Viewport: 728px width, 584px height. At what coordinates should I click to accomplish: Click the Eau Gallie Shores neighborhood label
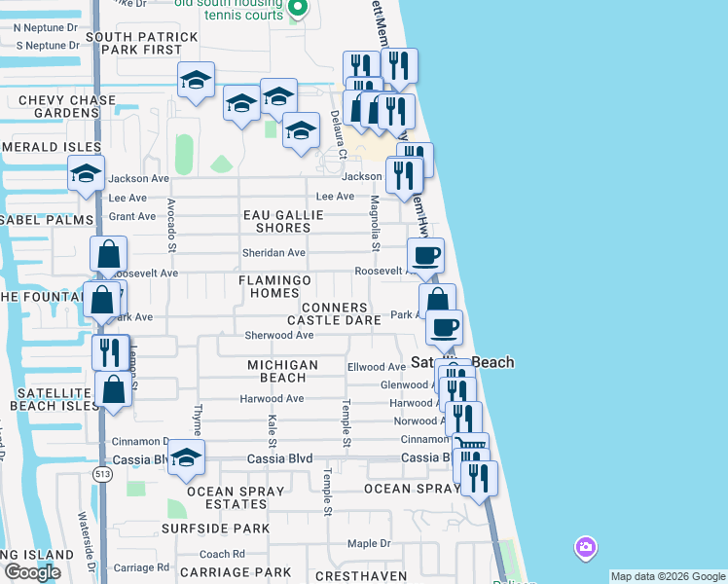coord(282,221)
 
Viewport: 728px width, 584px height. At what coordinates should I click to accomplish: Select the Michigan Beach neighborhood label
coord(282,371)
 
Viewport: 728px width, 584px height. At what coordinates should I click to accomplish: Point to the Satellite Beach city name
coord(461,362)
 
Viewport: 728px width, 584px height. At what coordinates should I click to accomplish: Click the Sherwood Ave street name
coord(278,335)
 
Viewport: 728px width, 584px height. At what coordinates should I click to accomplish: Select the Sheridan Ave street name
coord(273,253)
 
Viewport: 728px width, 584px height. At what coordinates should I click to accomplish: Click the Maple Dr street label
coord(369,543)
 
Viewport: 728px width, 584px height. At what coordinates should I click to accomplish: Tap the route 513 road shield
coord(101,473)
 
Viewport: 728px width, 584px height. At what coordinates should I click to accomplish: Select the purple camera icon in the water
coord(585,548)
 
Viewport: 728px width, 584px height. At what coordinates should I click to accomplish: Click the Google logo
coord(32,572)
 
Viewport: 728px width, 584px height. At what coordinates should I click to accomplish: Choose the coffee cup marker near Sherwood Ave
coord(444,328)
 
